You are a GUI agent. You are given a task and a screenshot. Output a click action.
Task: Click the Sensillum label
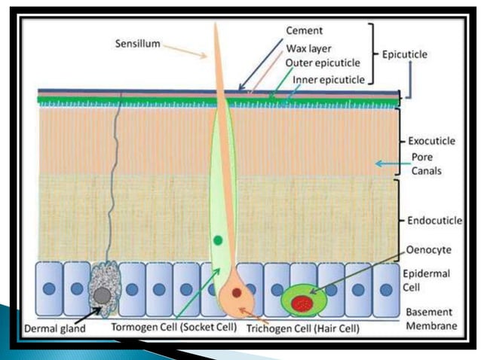click(x=138, y=44)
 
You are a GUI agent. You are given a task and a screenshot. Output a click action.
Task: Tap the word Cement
click(x=304, y=30)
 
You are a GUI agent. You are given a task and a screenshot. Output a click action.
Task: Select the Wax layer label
click(x=308, y=47)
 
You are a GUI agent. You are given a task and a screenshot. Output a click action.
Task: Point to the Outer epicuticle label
click(x=320, y=63)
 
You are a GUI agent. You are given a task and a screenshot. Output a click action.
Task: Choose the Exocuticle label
click(x=431, y=140)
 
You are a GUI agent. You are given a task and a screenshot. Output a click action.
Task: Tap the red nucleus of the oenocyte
click(x=302, y=304)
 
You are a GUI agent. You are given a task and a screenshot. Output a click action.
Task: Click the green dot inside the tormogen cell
click(x=218, y=240)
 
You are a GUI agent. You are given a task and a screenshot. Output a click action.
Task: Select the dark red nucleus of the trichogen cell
click(x=237, y=293)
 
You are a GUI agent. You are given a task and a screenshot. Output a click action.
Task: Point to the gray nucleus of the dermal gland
click(x=101, y=291)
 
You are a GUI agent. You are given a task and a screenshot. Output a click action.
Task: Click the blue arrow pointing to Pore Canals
click(x=388, y=163)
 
